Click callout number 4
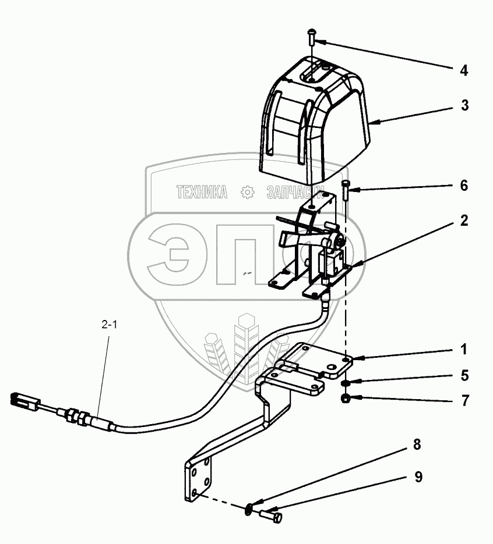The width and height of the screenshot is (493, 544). [463, 71]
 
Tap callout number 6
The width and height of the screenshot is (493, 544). [463, 186]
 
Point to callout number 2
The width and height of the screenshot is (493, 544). [463, 221]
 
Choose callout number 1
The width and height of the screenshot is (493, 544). [463, 350]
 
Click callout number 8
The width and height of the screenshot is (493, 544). [416, 446]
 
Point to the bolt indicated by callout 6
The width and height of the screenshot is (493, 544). [347, 190]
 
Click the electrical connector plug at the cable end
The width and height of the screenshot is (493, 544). [24, 400]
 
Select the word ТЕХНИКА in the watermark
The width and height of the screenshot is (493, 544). [202, 192]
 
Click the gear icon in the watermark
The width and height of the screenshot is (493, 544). [247, 192]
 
